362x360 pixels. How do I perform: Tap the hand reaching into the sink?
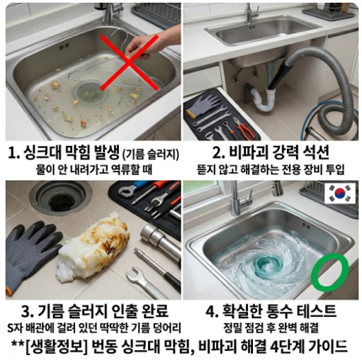(x=159, y=40)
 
